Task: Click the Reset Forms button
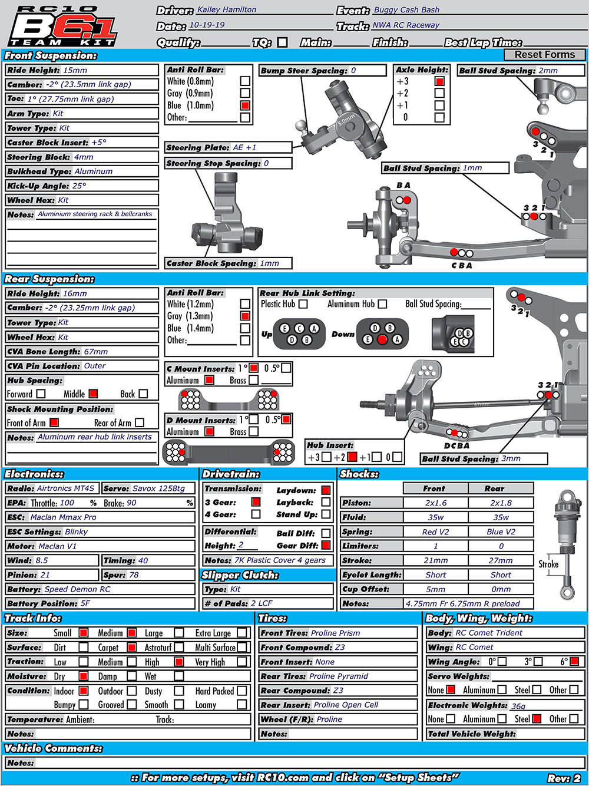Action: tap(544, 55)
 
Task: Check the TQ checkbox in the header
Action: tap(283, 42)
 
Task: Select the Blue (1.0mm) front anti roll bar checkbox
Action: tap(245, 105)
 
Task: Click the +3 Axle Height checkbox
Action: tap(439, 81)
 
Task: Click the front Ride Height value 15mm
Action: tap(75, 70)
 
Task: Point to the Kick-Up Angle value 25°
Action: tap(79, 186)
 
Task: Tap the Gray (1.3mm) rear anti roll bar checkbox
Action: tap(245, 316)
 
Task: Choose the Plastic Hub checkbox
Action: tap(303, 304)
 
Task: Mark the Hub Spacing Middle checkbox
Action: tap(93, 394)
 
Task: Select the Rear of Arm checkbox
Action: tap(140, 422)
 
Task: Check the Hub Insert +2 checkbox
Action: tap(352, 457)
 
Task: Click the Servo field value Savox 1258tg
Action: tap(158, 488)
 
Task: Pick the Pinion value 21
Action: tap(45, 575)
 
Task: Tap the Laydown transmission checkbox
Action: tap(326, 490)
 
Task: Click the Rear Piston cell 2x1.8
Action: tap(501, 503)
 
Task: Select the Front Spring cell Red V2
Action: tap(435, 532)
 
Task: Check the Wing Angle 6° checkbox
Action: tap(574, 662)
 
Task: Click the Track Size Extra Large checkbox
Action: tap(242, 633)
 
